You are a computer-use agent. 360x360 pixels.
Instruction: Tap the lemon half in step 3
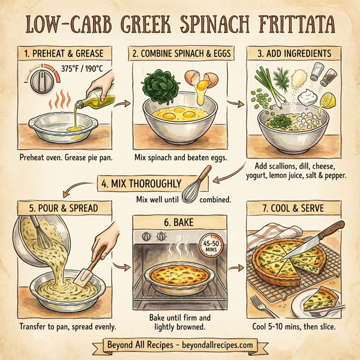click(328, 98)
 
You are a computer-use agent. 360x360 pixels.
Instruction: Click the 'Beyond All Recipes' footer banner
click(180, 345)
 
